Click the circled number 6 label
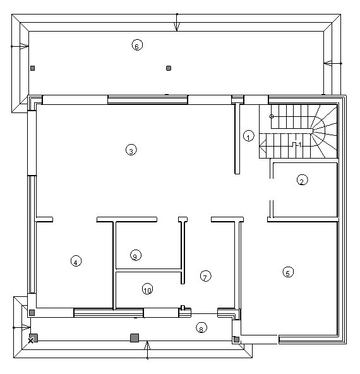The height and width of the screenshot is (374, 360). pyautogui.click(x=137, y=45)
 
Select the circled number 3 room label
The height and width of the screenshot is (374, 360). pyautogui.click(x=131, y=150)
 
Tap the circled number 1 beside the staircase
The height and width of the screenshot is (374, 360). pyautogui.click(x=248, y=136)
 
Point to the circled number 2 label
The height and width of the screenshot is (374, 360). pyautogui.click(x=302, y=180)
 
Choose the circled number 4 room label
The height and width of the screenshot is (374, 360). pyautogui.click(x=76, y=261)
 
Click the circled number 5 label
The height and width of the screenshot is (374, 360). pyautogui.click(x=288, y=272)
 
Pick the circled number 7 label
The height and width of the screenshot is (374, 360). pyautogui.click(x=205, y=276)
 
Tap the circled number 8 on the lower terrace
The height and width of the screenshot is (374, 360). pyautogui.click(x=201, y=328)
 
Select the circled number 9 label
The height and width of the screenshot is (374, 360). pyautogui.click(x=136, y=255)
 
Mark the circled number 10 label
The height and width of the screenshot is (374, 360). pyautogui.click(x=148, y=289)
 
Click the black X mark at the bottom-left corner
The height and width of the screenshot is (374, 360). pyautogui.click(x=30, y=341)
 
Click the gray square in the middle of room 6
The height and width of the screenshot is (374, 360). pyautogui.click(x=169, y=68)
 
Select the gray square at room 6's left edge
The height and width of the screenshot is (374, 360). pyautogui.click(x=33, y=68)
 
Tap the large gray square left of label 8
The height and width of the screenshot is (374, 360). pyautogui.click(x=135, y=338)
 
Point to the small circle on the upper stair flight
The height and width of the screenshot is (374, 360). pyautogui.click(x=272, y=116)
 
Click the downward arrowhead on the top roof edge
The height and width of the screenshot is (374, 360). pyautogui.click(x=176, y=27)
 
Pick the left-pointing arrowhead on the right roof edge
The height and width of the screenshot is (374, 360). pyautogui.click(x=328, y=63)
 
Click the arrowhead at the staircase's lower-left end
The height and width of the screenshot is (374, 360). pyautogui.click(x=263, y=146)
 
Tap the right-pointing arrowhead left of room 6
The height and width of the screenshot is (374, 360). pyautogui.click(x=24, y=46)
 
